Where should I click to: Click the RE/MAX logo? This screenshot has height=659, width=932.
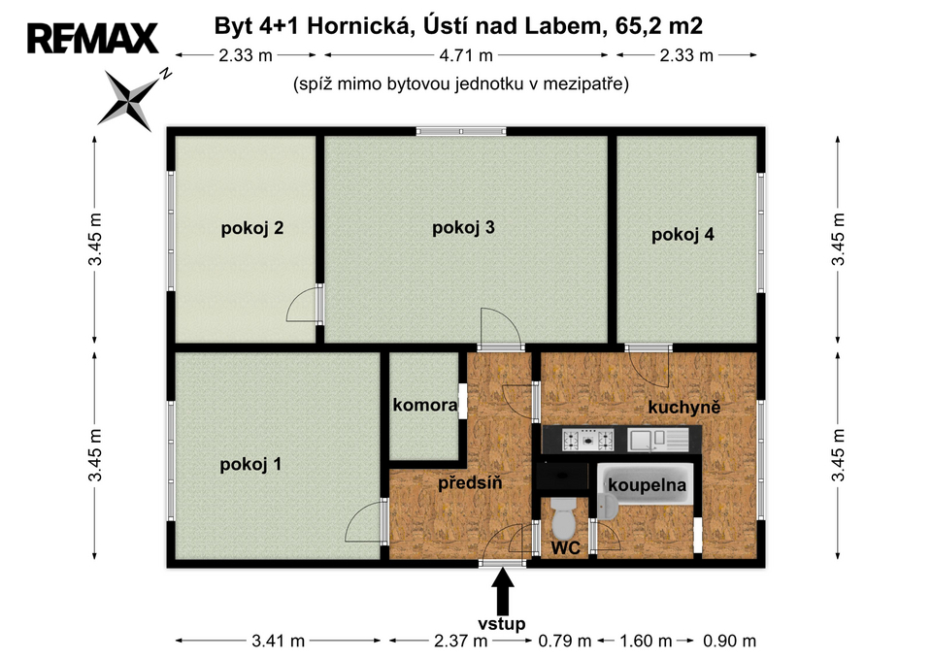click(x=93, y=39)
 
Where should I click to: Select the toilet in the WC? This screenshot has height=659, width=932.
click(x=563, y=518)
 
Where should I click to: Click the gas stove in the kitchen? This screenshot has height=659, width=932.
click(x=588, y=440)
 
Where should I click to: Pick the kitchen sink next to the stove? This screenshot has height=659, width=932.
click(x=658, y=440)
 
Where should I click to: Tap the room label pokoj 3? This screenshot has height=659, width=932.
click(x=463, y=227)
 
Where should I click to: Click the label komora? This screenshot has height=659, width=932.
click(x=425, y=406)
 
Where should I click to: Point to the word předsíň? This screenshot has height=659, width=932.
click(x=470, y=482)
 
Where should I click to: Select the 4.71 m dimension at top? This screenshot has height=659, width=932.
click(x=466, y=55)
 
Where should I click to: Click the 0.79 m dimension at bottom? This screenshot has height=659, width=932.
click(x=565, y=642)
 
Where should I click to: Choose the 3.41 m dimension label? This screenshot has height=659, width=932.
click(x=279, y=642)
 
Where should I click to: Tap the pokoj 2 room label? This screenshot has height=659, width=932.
click(x=252, y=228)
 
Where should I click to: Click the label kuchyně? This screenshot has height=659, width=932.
click(x=684, y=407)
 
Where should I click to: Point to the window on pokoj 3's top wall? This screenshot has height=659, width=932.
click(x=461, y=131)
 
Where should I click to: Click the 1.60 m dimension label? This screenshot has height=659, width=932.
click(x=646, y=642)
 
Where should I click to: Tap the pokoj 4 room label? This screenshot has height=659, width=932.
click(x=682, y=235)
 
